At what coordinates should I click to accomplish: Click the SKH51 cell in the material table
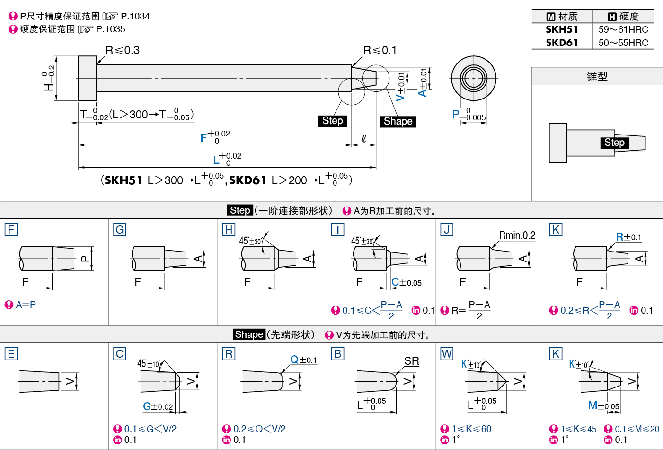[562, 29]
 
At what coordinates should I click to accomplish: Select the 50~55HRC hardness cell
[623, 43]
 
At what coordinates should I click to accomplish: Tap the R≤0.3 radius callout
[123, 50]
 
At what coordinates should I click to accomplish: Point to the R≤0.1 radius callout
[380, 50]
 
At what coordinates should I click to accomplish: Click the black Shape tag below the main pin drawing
[398, 121]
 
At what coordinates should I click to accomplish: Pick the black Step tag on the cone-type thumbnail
[614, 143]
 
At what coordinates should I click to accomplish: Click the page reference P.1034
[135, 16]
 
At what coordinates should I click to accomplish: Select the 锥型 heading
[597, 76]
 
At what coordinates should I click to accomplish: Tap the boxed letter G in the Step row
[120, 230]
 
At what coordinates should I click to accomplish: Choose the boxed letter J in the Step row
[447, 230]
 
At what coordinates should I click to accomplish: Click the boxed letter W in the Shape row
[447, 354]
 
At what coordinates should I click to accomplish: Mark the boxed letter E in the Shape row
[11, 354]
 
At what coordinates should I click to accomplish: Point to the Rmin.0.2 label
[517, 235]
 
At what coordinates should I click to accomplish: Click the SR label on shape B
[412, 361]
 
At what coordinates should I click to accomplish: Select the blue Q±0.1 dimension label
[303, 360]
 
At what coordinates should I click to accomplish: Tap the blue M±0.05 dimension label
[603, 405]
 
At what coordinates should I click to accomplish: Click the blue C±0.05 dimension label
[407, 282]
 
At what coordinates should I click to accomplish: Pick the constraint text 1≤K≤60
[471, 429]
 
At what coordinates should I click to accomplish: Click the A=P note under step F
[26, 305]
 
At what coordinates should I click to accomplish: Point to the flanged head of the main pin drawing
[88, 78]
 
